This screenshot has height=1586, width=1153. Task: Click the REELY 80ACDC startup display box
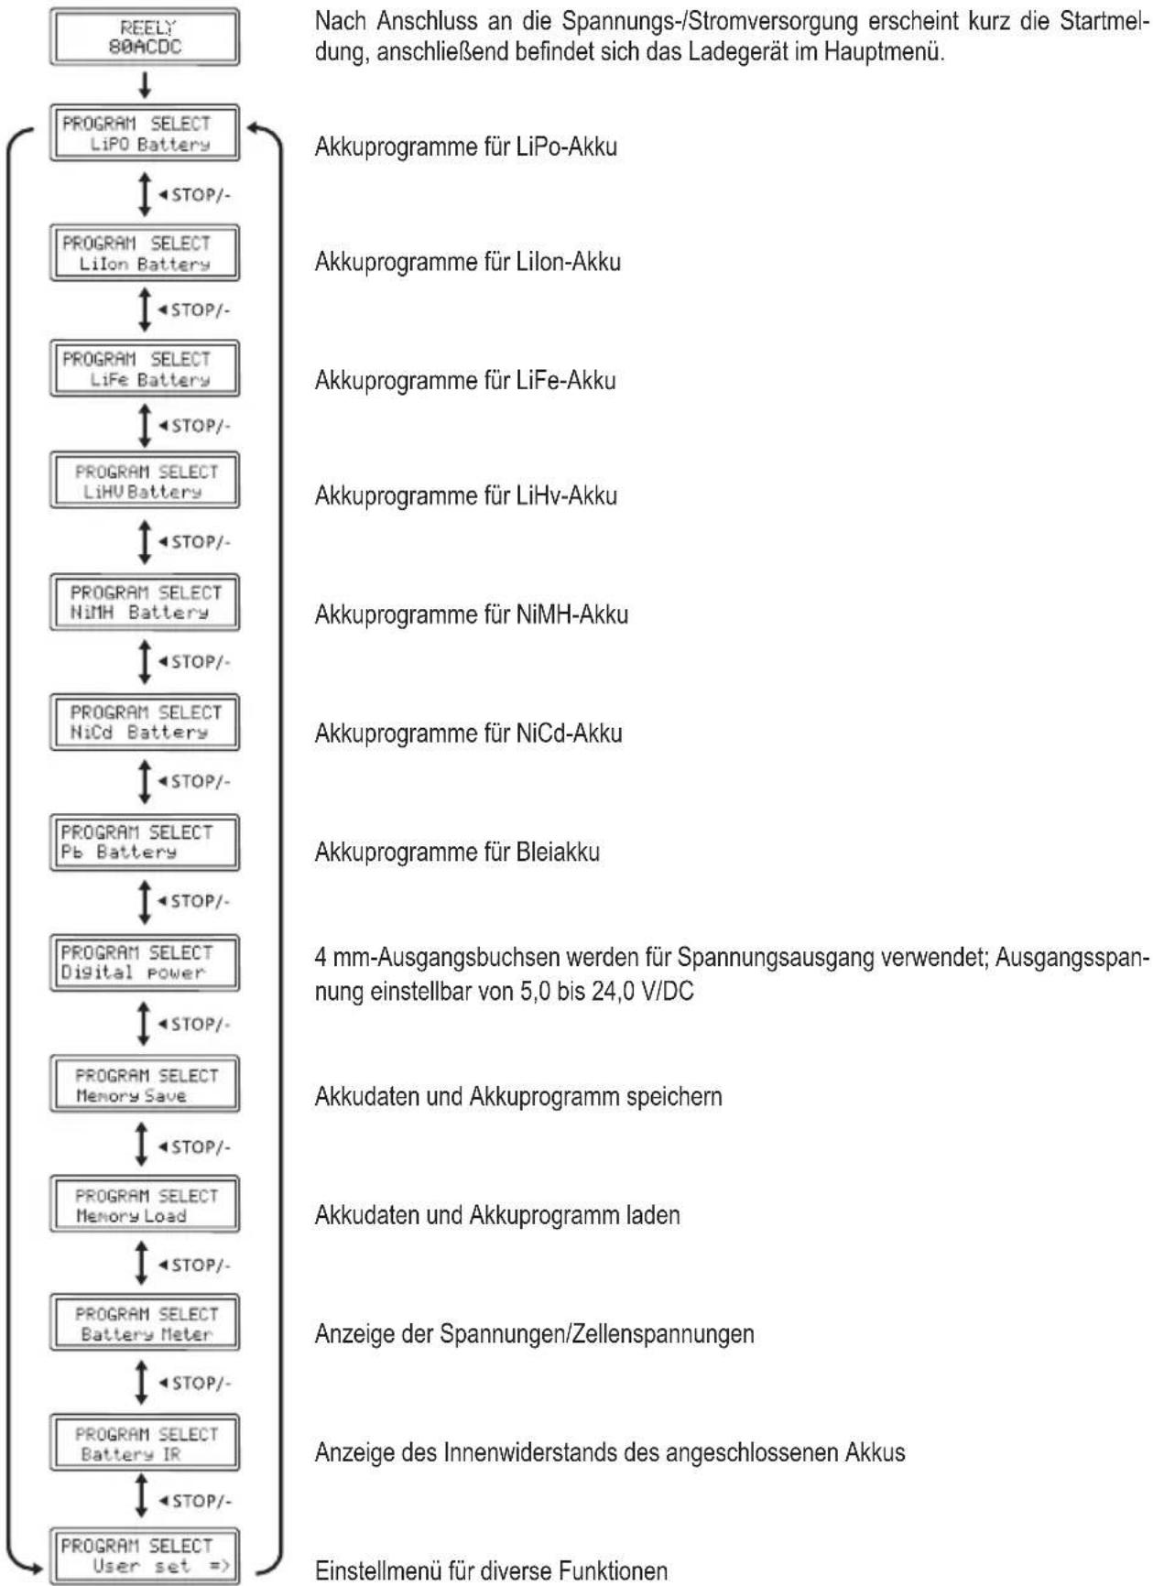point(145,38)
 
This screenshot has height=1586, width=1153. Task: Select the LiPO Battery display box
point(145,134)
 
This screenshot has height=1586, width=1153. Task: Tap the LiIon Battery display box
point(145,253)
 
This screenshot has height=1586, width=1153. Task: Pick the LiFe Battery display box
point(145,369)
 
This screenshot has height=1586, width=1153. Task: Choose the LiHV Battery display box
point(145,481)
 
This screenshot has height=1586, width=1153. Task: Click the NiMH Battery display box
point(145,603)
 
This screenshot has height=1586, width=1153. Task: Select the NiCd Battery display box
point(145,722)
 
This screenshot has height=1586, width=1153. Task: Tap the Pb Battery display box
point(145,842)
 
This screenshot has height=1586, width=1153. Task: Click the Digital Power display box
point(145,962)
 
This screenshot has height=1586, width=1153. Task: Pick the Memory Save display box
point(145,1085)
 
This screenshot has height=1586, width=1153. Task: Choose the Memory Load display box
point(145,1205)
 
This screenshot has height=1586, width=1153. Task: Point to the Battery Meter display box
point(145,1322)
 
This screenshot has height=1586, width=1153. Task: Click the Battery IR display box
point(145,1443)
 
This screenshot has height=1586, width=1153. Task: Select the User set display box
point(145,1556)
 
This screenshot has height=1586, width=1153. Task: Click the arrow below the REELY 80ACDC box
point(144,85)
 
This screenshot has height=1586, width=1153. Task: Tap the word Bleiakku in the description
point(558,853)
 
